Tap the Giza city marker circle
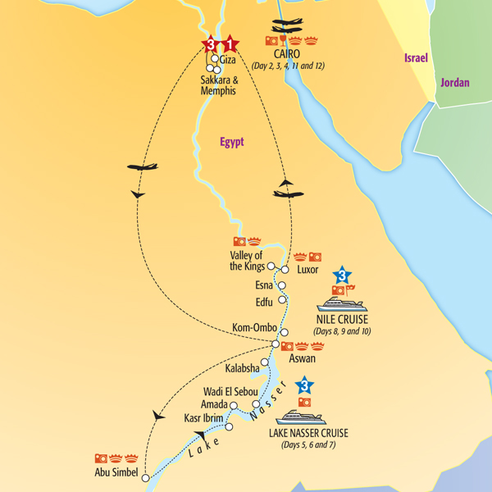(x=215, y=59)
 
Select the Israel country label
(x=416, y=58)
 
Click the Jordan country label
(x=455, y=83)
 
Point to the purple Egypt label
(x=232, y=142)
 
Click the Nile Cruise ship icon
(x=341, y=304)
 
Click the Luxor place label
(x=308, y=270)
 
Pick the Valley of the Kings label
(x=247, y=260)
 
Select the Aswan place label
(x=303, y=358)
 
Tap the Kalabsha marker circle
(x=264, y=362)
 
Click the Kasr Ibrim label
(x=203, y=418)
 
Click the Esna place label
(x=264, y=285)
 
